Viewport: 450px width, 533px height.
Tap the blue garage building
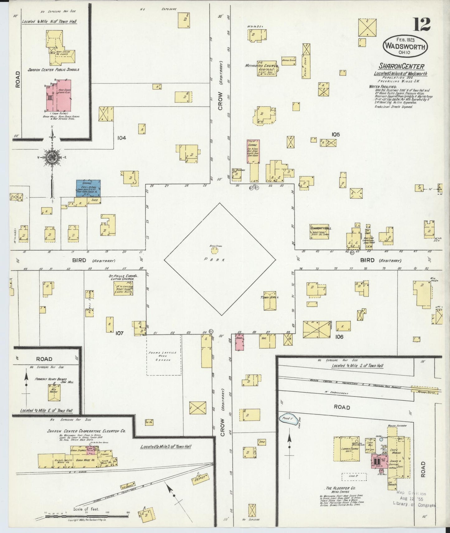(x=88, y=188)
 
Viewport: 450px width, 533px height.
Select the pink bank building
(x=239, y=342)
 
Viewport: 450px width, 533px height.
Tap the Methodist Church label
(x=259, y=66)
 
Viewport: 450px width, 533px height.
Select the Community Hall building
(x=319, y=232)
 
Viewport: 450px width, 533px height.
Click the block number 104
(x=121, y=137)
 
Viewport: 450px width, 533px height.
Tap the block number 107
(x=119, y=333)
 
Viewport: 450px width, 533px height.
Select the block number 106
(x=339, y=337)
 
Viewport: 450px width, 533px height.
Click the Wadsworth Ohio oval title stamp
(x=405, y=46)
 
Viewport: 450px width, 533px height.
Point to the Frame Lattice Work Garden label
(x=163, y=356)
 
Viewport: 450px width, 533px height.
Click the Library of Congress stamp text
(x=414, y=504)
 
